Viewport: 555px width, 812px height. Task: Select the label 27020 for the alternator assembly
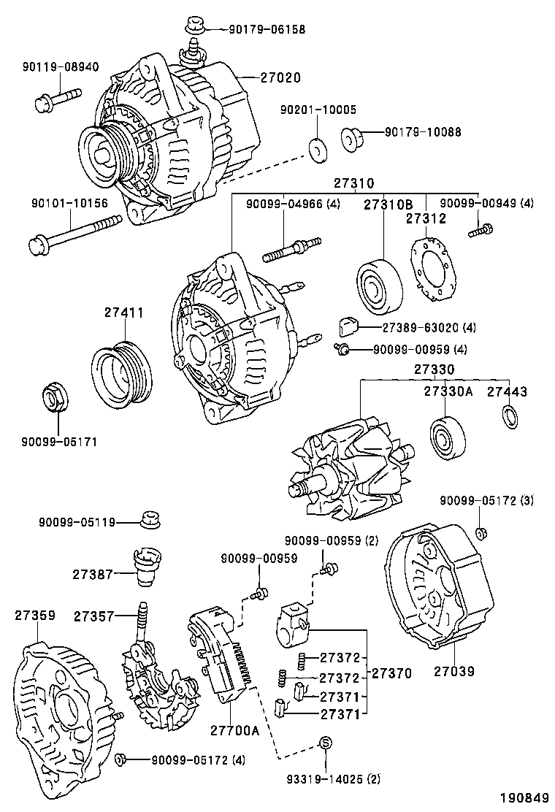[280, 77]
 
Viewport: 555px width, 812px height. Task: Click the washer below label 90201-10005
[318, 148]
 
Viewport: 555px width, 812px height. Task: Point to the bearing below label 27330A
[445, 437]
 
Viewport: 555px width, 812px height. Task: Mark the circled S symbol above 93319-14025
[326, 743]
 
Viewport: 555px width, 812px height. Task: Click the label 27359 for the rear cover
[34, 616]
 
